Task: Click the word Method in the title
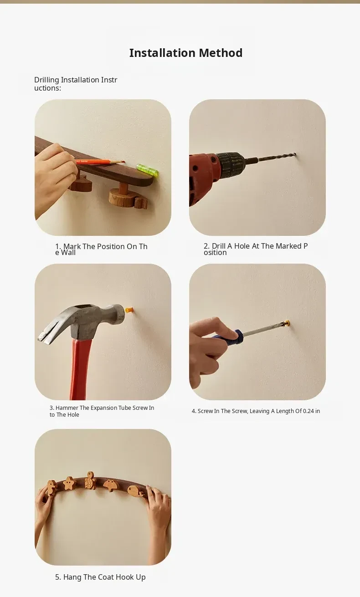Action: click(x=221, y=53)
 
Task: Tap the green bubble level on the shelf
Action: click(x=148, y=170)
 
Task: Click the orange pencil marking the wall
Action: click(x=100, y=162)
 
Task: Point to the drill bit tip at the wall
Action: click(x=295, y=154)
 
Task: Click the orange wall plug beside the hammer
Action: click(x=129, y=310)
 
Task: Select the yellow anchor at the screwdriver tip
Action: click(x=287, y=323)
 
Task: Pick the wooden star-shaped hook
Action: click(x=69, y=483)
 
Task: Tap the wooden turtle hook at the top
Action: click(x=90, y=480)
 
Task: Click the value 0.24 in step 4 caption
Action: click(x=308, y=411)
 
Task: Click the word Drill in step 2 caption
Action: click(x=219, y=246)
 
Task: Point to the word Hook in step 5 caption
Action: click(x=125, y=577)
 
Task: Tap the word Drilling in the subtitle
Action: click(x=46, y=80)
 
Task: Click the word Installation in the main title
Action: click(x=163, y=53)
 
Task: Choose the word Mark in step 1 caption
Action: click(x=72, y=246)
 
